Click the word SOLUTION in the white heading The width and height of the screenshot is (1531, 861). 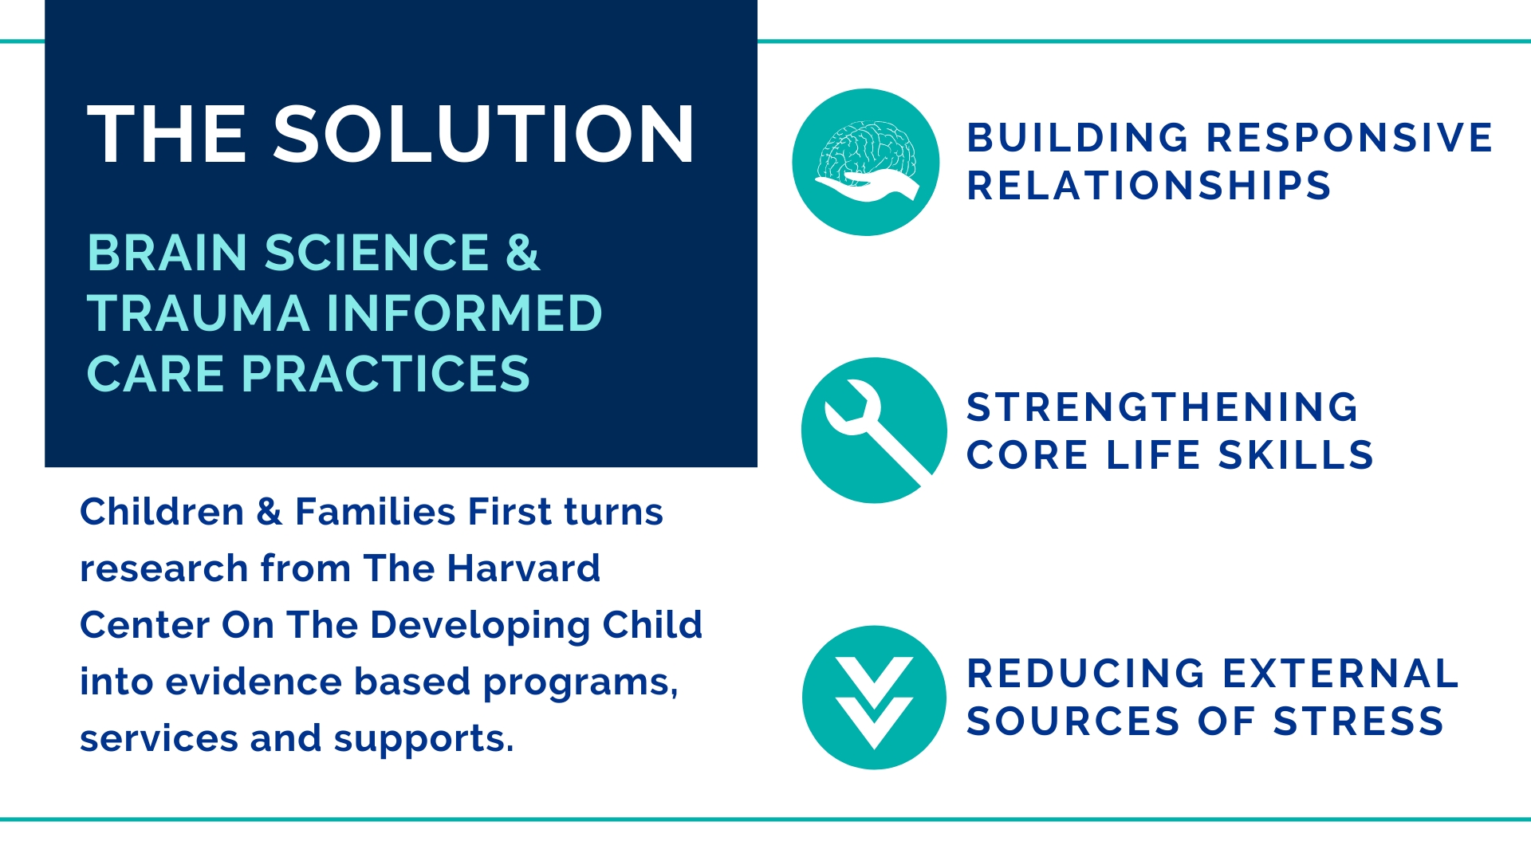[x=484, y=135]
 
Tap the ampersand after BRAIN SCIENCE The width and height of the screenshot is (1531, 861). [x=523, y=253]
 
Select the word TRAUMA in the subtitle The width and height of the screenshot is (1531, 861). [x=199, y=313]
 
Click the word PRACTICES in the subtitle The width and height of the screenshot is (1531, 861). [x=386, y=374]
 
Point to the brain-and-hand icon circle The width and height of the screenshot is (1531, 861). [x=866, y=162]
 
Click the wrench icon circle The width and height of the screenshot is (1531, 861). [x=875, y=431]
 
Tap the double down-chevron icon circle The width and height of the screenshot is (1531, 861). [x=875, y=698]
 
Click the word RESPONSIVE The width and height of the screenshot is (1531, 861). [x=1349, y=138]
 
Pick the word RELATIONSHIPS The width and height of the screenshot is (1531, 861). [x=1149, y=186]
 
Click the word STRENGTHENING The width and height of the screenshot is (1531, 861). [x=1162, y=407]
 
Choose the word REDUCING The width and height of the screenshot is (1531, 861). [x=1086, y=674]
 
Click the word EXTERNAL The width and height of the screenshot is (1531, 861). [x=1341, y=674]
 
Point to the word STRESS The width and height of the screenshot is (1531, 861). [x=1359, y=721]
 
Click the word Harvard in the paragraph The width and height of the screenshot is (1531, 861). [x=522, y=568]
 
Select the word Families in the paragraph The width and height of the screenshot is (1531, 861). [x=375, y=512]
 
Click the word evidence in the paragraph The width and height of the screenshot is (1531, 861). [x=253, y=682]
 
